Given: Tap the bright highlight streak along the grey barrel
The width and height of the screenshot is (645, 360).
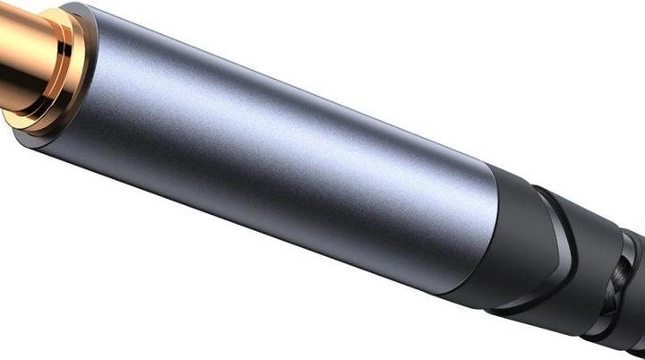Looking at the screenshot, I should (x=269, y=125).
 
